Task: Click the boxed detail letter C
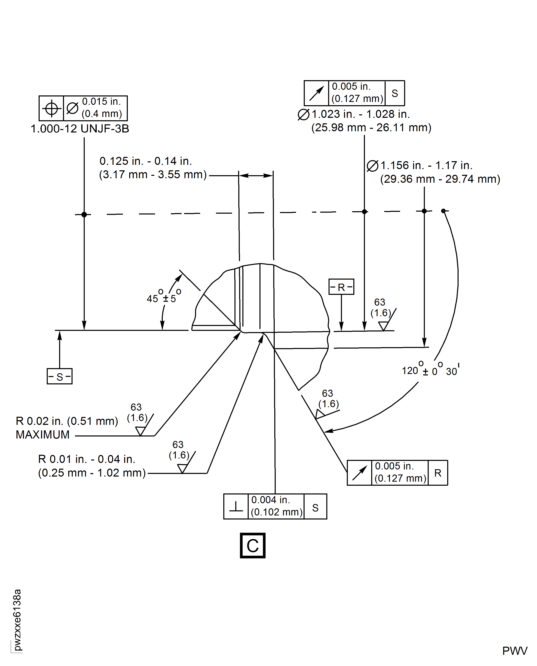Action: click(252, 546)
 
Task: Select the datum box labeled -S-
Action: click(59, 376)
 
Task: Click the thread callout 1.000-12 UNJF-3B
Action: click(80, 129)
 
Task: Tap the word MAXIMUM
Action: click(43, 435)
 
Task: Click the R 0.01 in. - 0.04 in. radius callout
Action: click(87, 459)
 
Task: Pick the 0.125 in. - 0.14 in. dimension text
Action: click(146, 161)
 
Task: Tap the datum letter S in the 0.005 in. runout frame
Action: click(395, 93)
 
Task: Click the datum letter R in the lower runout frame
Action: click(438, 473)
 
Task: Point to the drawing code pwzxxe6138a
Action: click(17, 620)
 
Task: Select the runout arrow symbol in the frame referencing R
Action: click(359, 473)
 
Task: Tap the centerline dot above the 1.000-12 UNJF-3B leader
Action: click(84, 214)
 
